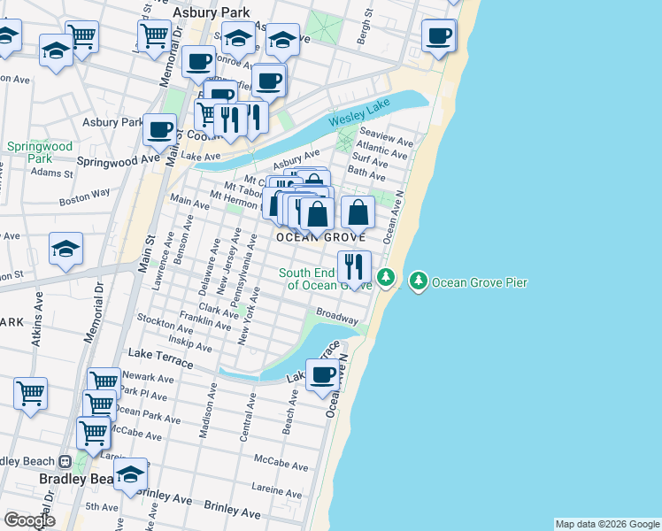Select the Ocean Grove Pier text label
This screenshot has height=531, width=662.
coord(479,283)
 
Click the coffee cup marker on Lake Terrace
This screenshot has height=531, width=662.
coord(322,374)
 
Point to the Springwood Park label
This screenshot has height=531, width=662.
coord(39,152)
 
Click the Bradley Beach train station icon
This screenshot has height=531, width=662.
coord(65,462)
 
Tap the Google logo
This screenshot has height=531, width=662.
coord(30,520)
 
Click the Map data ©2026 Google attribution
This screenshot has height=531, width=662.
coord(607,524)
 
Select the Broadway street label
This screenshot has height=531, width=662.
coord(337,315)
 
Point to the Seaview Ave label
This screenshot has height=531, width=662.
coord(386,139)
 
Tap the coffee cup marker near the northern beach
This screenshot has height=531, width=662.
coord(438,36)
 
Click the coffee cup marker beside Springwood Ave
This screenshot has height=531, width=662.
coord(160,130)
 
